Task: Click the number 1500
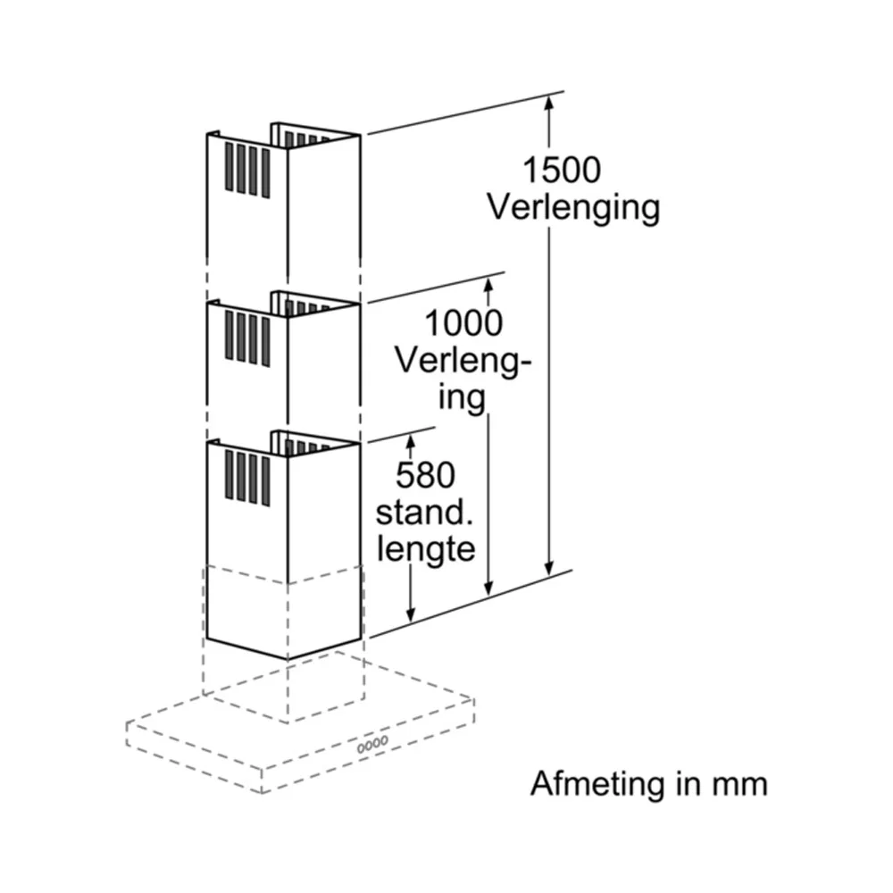(562, 170)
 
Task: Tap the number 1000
(463, 323)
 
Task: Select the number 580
(425, 475)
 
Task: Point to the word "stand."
(424, 513)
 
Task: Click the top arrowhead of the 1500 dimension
(549, 102)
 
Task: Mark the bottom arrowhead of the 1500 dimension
(549, 568)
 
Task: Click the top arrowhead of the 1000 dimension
(488, 284)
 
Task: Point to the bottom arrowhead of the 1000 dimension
(488, 588)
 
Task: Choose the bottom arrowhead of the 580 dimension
(411, 614)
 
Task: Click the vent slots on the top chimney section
(247, 170)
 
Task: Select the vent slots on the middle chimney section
(247, 338)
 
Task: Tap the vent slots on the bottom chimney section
(247, 477)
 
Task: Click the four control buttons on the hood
(372, 744)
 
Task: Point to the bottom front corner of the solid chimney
(288, 660)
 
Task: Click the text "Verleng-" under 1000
(463, 361)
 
